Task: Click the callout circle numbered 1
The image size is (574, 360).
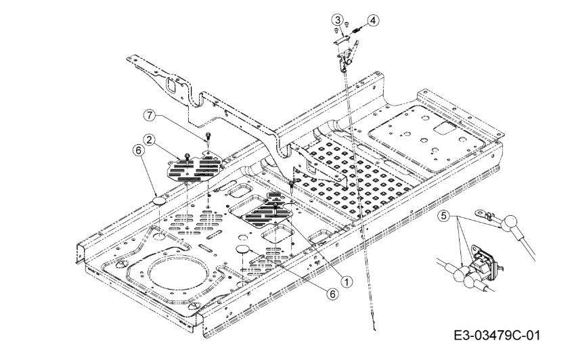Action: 347,279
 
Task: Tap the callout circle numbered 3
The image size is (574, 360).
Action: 336,19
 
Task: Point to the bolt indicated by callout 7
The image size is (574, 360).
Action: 208,139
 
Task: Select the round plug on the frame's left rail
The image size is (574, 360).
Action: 160,201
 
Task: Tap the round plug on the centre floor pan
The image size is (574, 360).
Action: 244,250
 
